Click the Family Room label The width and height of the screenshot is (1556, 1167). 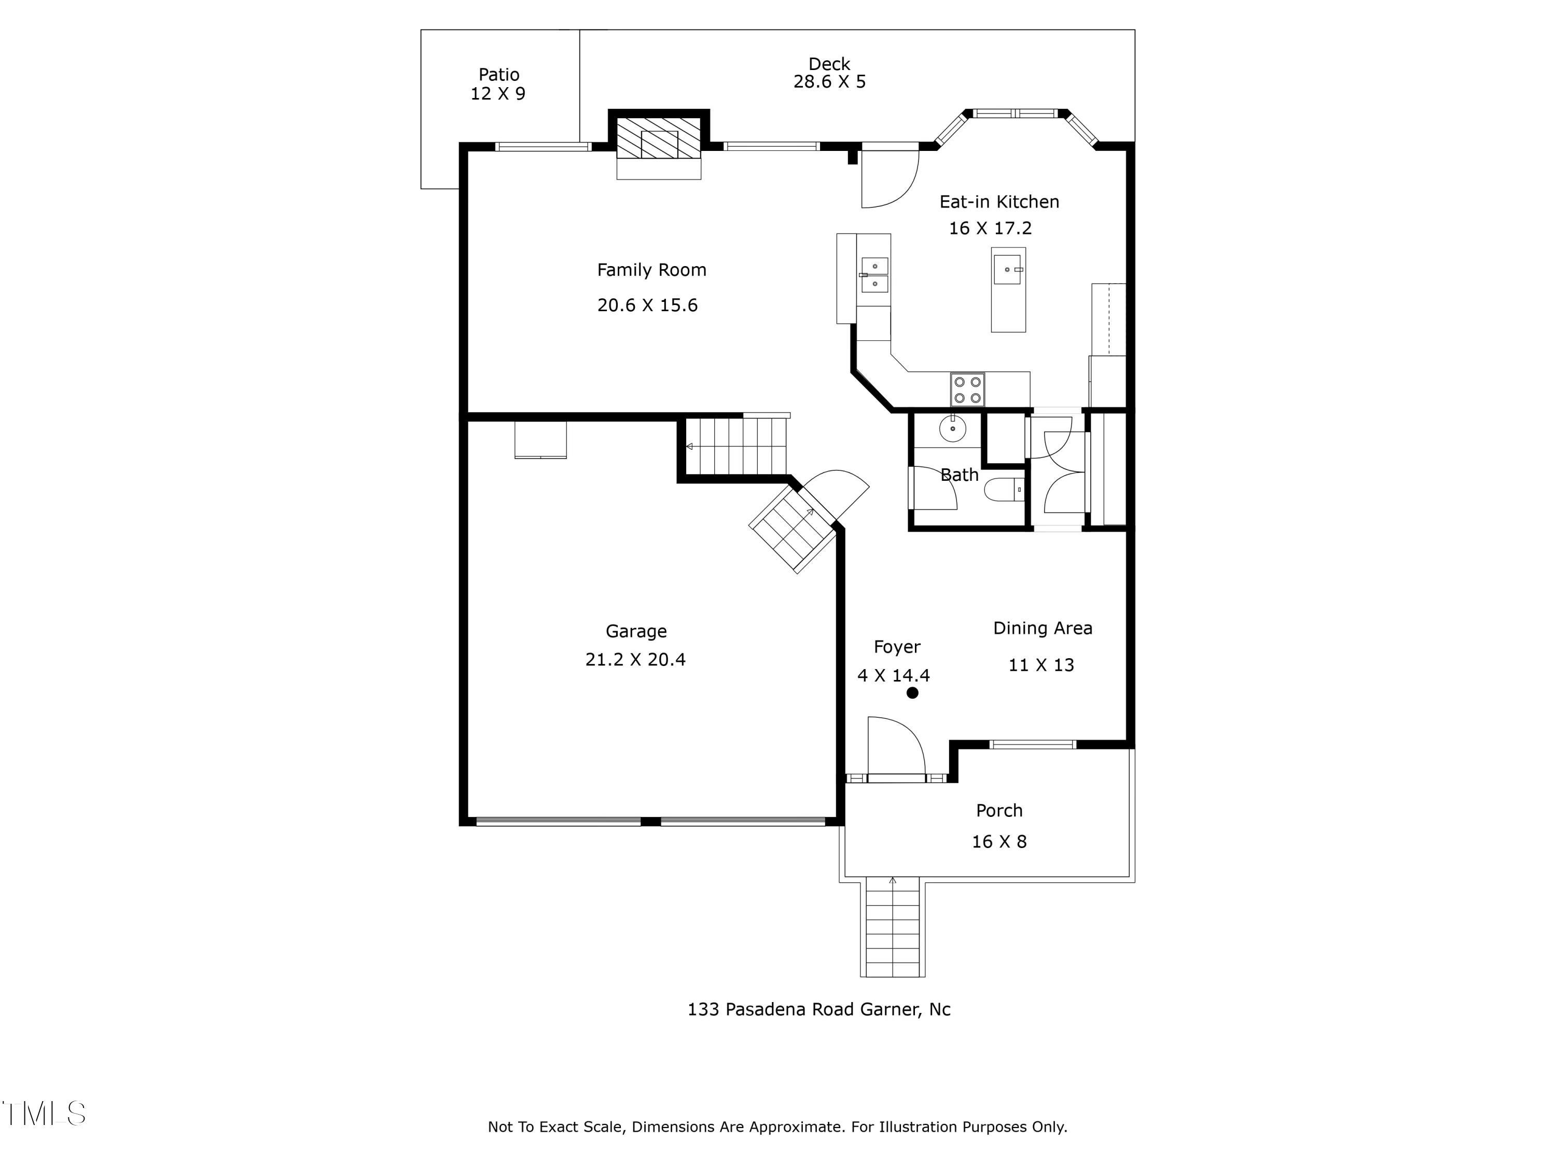651,270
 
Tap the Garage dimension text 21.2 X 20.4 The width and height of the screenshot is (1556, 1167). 635,660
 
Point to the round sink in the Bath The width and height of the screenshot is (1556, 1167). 952,428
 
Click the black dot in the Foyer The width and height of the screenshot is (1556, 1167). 912,693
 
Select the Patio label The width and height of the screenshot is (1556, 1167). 499,75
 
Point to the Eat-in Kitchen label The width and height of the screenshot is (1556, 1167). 999,202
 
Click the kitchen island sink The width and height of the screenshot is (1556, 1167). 1007,269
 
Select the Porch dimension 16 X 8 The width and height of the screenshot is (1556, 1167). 999,842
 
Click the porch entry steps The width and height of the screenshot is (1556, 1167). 893,927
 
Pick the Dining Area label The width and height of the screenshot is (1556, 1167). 1043,629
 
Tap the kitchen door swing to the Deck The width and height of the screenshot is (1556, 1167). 891,179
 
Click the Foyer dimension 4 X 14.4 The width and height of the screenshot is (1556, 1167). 893,676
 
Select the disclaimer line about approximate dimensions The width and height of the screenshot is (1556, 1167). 777,1127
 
